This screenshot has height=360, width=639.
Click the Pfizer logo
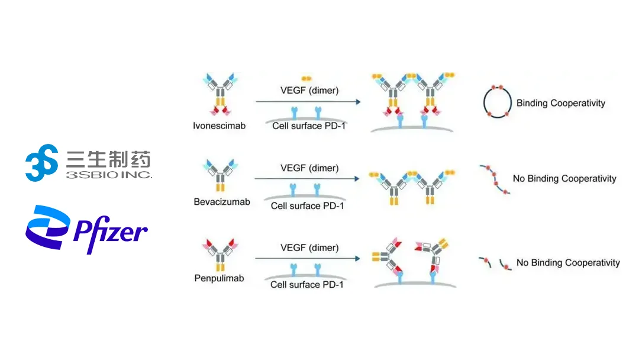(86, 230)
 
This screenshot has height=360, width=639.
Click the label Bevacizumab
(222, 202)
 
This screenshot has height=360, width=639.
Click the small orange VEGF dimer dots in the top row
(306, 78)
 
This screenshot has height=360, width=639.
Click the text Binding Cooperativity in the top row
(560, 103)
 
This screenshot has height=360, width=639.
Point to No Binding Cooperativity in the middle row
(564, 178)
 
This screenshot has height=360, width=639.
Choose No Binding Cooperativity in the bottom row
(568, 262)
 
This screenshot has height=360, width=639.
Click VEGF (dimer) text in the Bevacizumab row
(309, 168)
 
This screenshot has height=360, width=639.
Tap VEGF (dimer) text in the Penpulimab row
(309, 247)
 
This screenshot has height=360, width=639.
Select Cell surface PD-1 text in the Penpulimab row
(307, 284)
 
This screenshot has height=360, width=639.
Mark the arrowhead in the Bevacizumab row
(358, 178)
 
